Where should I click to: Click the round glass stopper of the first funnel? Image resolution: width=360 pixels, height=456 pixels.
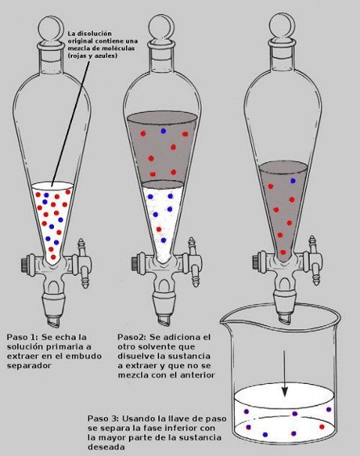tap(51, 28)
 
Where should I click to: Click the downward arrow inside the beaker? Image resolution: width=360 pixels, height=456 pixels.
tap(284, 373)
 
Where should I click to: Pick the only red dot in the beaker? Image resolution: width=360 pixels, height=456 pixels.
tap(322, 427)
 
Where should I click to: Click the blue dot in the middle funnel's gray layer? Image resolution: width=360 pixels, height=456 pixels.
tap(163, 131)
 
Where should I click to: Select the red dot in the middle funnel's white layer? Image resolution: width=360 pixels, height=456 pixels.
tap(159, 229)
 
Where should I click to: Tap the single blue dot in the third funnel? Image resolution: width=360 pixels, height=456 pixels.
tap(292, 181)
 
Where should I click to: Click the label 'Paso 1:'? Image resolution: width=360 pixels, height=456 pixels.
tap(22, 337)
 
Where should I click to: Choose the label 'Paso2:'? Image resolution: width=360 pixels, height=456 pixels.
tap(132, 337)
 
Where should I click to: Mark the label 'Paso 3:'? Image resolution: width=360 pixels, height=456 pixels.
tap(103, 418)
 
